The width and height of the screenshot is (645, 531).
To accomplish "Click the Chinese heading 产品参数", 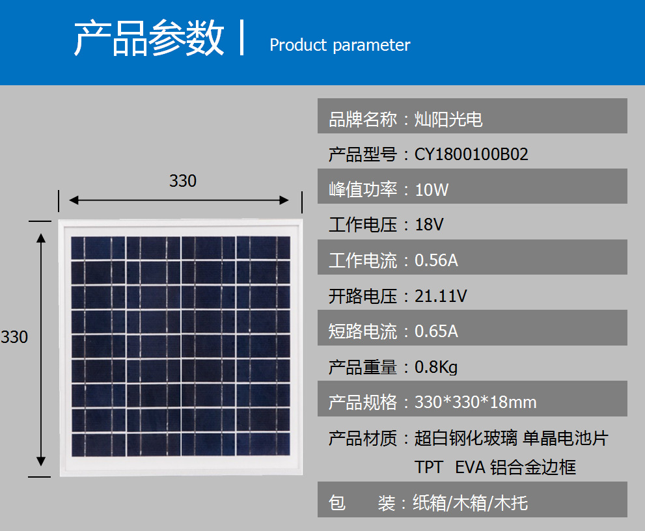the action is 149,38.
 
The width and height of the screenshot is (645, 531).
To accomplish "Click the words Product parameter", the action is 340,46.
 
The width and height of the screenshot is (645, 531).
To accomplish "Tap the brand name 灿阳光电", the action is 448,119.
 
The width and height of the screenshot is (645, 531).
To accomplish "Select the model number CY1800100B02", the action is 471,154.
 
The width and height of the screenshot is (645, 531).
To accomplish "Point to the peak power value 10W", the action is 432,189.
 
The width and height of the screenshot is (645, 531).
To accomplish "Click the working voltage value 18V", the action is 429,225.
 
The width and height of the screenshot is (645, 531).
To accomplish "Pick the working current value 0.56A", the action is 436,260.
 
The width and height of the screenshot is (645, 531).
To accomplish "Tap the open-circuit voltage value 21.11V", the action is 441,296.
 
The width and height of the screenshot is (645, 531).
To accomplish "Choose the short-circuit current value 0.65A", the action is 436,331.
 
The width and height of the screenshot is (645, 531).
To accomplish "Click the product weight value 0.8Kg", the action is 436,367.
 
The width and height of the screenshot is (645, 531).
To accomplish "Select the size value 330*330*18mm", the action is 476,402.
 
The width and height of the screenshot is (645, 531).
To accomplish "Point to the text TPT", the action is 429,467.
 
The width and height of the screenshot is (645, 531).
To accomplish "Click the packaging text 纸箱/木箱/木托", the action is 470,503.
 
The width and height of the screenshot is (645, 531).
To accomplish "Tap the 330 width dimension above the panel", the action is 183,180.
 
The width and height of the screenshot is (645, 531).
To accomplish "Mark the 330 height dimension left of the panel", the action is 14,337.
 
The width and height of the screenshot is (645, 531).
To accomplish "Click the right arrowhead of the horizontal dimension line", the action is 284,200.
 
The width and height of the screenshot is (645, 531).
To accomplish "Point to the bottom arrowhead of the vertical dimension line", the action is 41,461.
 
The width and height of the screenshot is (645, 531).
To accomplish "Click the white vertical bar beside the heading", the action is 242,38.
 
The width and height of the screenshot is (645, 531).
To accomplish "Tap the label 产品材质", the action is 363,439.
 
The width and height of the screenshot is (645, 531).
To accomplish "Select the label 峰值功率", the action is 363,189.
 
